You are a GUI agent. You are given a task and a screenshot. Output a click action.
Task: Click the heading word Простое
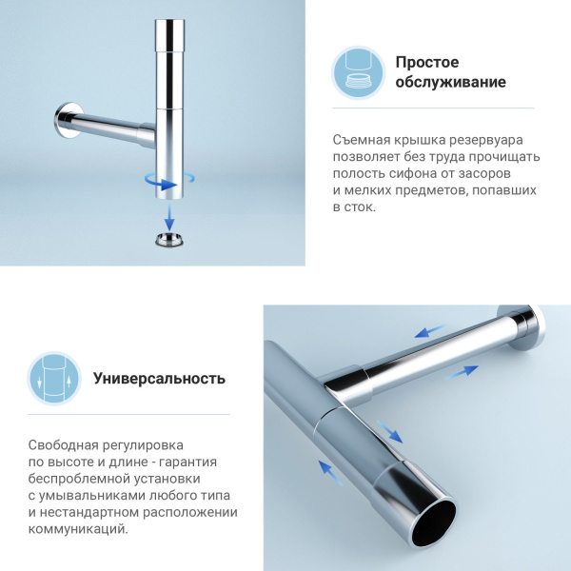pyautogui.click(x=428, y=62)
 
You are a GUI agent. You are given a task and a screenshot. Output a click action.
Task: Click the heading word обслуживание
pyautogui.click(x=451, y=83)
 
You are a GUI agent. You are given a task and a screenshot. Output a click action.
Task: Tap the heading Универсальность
pyautogui.click(x=159, y=378)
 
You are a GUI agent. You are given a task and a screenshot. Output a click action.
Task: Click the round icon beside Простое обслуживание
pyautogui.click(x=359, y=72)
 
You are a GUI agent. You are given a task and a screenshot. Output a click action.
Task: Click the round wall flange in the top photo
pyautogui.click(x=64, y=122)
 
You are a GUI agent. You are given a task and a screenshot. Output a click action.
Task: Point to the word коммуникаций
pyautogui.click(x=76, y=530)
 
